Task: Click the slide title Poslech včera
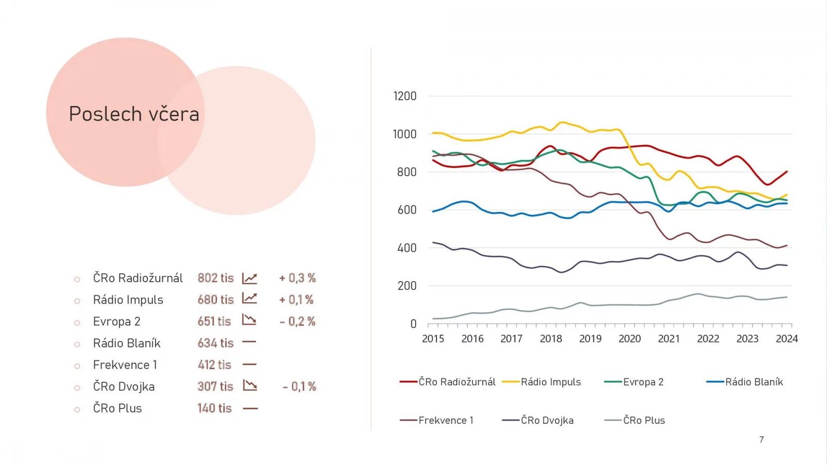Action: coord(134,114)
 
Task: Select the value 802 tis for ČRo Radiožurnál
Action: coord(216,278)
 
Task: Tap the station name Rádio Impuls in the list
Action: coord(128,300)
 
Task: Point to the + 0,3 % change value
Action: coord(297,278)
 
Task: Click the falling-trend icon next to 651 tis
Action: coord(250,320)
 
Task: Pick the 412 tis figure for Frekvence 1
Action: coord(215,365)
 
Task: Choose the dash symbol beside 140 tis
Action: coord(250,408)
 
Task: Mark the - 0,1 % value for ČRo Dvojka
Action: coord(299,386)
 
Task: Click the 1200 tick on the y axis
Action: coord(405,96)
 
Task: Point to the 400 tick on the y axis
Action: coord(407,248)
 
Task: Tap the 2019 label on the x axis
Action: coord(590,339)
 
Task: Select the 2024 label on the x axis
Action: coord(787,339)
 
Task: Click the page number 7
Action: coord(761,440)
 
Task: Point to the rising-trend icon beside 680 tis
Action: coord(250,299)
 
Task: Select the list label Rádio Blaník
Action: coord(127,343)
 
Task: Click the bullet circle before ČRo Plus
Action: coord(77,409)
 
